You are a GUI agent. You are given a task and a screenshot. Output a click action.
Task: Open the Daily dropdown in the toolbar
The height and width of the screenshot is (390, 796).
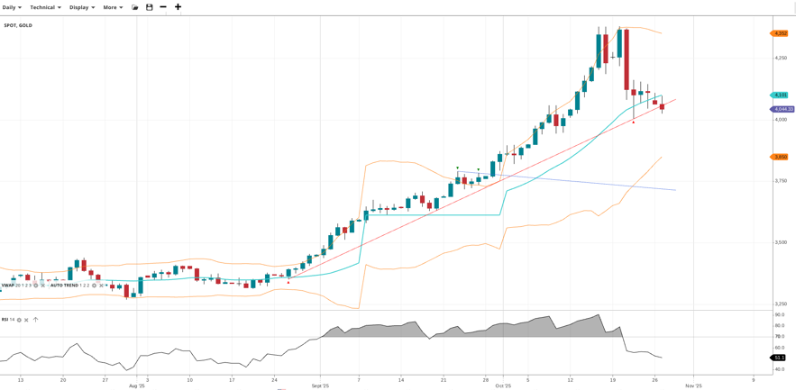pyautogui.click(x=12, y=7)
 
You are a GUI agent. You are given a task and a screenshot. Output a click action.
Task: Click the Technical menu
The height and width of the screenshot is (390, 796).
pyautogui.click(x=45, y=7)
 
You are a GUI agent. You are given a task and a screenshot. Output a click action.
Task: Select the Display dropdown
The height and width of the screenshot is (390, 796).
pyautogui.click(x=82, y=7)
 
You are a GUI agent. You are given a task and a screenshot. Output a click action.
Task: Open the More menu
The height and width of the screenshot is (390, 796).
pyautogui.click(x=113, y=7)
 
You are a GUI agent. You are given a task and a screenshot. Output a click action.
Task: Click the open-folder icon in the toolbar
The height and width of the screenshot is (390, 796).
pyautogui.click(x=135, y=7)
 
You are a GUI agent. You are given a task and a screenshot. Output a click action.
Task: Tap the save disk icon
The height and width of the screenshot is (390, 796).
pyautogui.click(x=150, y=7)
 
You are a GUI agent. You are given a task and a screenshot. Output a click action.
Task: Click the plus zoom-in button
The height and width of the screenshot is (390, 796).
pyautogui.click(x=178, y=7)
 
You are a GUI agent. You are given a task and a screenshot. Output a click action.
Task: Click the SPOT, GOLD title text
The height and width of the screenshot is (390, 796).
pyautogui.click(x=18, y=25)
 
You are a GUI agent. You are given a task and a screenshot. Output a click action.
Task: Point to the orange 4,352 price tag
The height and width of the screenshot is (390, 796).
pyautogui.click(x=780, y=33)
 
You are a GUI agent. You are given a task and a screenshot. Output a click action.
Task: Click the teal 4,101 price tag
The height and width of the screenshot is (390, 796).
pyautogui.click(x=780, y=95)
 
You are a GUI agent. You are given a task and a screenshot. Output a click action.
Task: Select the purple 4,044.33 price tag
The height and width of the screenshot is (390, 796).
pyautogui.click(x=782, y=109)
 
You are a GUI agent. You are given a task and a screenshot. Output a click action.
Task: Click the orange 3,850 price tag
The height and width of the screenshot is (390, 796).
pyautogui.click(x=780, y=157)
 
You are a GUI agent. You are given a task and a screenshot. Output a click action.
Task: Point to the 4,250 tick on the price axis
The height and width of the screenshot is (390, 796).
pyautogui.click(x=781, y=58)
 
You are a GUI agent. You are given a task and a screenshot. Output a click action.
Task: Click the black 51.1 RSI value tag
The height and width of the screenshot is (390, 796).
pyautogui.click(x=779, y=358)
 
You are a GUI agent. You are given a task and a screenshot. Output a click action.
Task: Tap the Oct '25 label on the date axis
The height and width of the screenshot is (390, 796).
pyautogui.click(x=503, y=385)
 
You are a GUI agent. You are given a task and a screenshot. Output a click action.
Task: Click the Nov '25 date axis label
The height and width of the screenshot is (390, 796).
pyautogui.click(x=693, y=385)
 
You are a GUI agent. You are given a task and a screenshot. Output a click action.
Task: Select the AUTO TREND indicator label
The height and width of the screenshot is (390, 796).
pyautogui.click(x=64, y=286)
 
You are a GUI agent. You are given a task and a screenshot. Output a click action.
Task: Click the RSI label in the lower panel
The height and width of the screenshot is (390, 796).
pyautogui.click(x=5, y=319)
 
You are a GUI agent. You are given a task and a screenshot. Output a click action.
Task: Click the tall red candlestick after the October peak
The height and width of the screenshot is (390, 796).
pyautogui.click(x=627, y=59)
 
